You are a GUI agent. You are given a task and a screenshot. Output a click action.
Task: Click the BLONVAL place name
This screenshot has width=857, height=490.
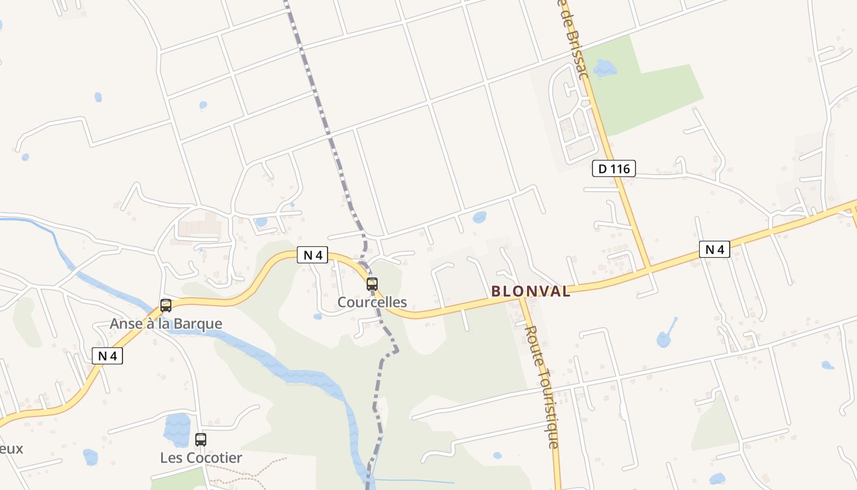click(x=531, y=292)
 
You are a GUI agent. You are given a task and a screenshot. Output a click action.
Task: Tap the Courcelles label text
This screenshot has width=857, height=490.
click(x=372, y=302)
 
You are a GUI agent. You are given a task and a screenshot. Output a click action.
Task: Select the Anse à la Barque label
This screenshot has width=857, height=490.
click(x=166, y=323)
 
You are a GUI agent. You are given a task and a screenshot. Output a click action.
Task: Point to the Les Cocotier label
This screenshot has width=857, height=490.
click(x=201, y=458)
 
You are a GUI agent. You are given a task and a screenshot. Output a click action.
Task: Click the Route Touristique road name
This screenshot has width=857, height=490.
click(x=542, y=386)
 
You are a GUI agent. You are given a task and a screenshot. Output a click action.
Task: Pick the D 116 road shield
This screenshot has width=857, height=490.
click(x=614, y=168)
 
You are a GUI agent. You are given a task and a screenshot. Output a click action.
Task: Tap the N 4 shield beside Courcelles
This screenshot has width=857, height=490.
click(x=313, y=255)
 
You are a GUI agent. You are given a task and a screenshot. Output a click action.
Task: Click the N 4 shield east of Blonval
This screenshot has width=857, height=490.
click(x=714, y=249)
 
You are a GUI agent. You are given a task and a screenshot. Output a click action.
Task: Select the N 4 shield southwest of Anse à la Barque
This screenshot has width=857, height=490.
click(x=107, y=355)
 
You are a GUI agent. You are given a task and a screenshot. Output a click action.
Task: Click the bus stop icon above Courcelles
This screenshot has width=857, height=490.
click(x=372, y=284)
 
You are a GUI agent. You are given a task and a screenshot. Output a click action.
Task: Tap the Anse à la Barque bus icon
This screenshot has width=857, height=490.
click(x=166, y=305)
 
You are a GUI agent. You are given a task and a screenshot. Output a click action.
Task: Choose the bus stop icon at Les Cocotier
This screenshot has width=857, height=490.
click(x=201, y=439)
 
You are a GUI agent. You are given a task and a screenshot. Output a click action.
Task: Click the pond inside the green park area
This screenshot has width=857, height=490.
click(x=605, y=67)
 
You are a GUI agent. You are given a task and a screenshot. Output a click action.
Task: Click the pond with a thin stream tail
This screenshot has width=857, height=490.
click(x=664, y=338)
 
